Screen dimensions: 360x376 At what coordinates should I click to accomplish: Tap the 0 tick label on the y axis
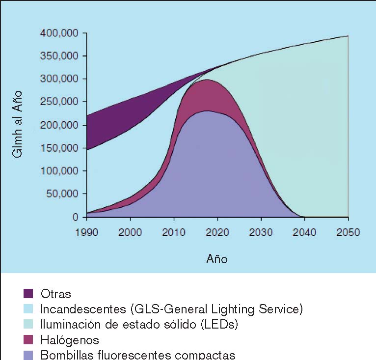tap(75, 217)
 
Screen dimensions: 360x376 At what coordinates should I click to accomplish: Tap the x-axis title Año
tap(217, 259)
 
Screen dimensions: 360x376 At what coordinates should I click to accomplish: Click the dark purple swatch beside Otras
tap(28, 294)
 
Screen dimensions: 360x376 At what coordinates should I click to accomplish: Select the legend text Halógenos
tap(70, 340)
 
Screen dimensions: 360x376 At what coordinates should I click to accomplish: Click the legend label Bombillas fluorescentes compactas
tap(138, 355)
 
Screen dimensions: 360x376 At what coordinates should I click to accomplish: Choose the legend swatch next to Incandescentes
tap(28, 309)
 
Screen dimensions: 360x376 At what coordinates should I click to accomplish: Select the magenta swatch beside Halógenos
tap(28, 340)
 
